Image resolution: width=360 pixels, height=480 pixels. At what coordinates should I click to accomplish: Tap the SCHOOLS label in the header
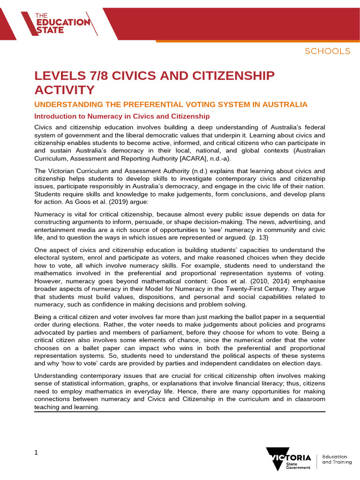pyautogui.click(x=327, y=51)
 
